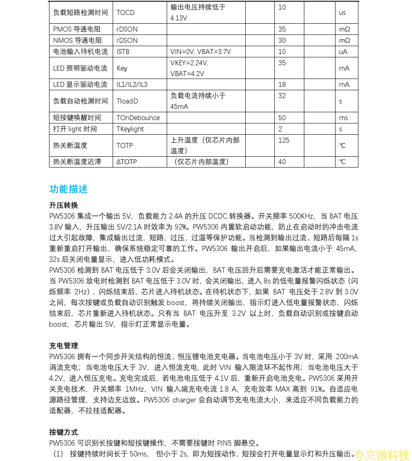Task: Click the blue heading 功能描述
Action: tap(69, 189)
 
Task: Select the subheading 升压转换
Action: tap(64, 205)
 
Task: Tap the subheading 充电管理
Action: tap(64, 346)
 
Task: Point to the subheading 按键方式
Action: tap(64, 432)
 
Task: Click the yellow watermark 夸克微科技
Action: tap(382, 455)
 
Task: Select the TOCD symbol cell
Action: tap(126, 12)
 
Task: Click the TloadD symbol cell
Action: tap(127, 101)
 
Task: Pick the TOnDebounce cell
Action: tap(138, 118)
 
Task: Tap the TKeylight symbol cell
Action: tap(130, 129)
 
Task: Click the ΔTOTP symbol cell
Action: tap(127, 162)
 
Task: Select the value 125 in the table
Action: tap(284, 140)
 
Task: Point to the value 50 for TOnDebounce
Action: tap(282, 118)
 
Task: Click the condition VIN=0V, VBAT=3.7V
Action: tap(200, 52)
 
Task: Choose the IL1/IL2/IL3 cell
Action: tap(132, 84)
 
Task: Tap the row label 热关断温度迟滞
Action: tap(77, 162)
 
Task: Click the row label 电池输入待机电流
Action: tap(81, 52)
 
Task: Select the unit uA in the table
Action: tap(343, 52)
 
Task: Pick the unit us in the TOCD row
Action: tap(343, 12)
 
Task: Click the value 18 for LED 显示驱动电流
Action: tap(282, 84)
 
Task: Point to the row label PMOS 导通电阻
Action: tap(78, 29)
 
